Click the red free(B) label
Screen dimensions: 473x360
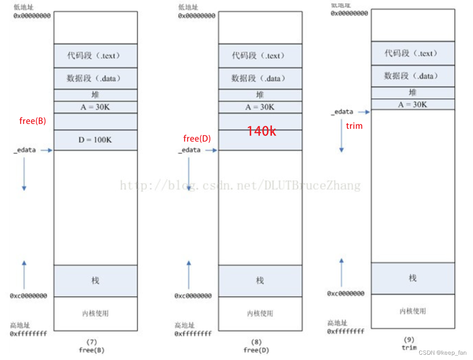(x=33, y=121)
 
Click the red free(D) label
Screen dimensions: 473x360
(x=197, y=139)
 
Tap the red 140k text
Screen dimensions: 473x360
(x=261, y=131)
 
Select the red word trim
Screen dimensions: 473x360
(x=354, y=126)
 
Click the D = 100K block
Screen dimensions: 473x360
(x=95, y=140)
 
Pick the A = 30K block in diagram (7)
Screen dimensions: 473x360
(x=95, y=107)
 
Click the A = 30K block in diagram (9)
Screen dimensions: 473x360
(x=413, y=105)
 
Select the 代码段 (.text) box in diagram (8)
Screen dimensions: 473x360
(x=260, y=56)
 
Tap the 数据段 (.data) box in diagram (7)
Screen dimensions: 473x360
(x=95, y=79)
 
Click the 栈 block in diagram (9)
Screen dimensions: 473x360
(x=413, y=278)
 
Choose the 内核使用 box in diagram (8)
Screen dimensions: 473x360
(x=260, y=314)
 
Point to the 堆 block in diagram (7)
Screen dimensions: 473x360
(x=95, y=95)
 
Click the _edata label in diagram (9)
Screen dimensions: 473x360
(x=343, y=112)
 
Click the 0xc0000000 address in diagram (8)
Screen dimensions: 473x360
(x=193, y=296)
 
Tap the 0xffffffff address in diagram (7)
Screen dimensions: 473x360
(x=28, y=334)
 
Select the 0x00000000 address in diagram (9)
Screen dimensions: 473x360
(x=349, y=14)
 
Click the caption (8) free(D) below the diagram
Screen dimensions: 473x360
(x=256, y=346)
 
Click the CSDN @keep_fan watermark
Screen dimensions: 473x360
(x=442, y=352)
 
